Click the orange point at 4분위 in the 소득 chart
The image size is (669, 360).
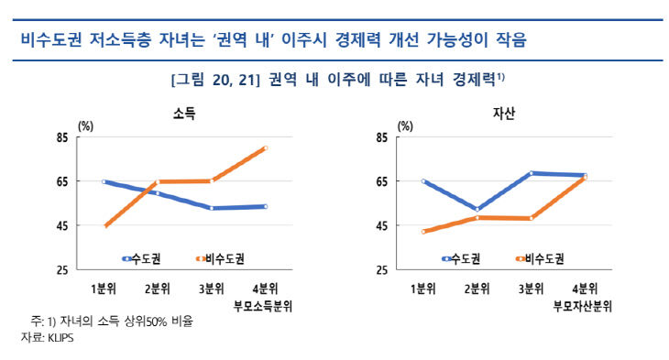point(266,147)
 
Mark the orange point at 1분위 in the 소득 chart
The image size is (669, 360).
point(105,225)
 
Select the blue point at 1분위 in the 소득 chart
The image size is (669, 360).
point(105,181)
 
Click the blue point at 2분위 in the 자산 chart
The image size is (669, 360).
point(477,209)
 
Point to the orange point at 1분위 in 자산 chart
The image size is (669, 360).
point(423,232)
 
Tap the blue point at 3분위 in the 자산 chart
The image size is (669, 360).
point(532,172)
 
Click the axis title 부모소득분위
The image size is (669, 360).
point(265,305)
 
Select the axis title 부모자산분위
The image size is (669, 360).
point(583,305)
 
